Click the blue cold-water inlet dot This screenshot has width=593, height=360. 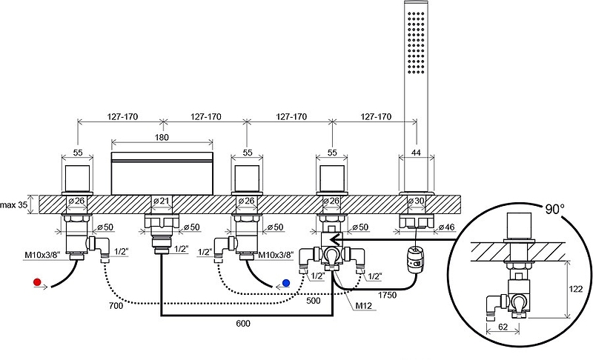coord(287,282)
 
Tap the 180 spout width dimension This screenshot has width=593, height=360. coord(162,138)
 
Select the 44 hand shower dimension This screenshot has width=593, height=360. coord(416,152)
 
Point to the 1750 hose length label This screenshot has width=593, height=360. coord(386,295)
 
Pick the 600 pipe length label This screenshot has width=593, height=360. coord(242,324)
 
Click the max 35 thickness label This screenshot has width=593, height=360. coord(14,203)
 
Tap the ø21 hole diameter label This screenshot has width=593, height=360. coord(161,201)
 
